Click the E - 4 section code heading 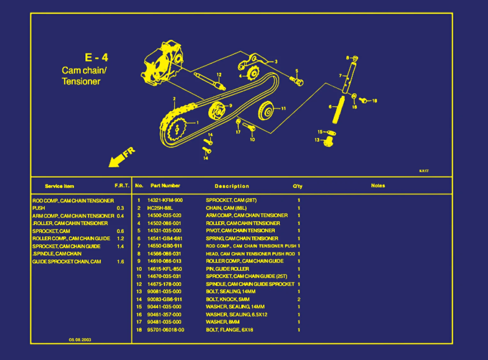pos(96,57)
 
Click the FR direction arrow pos(121,157)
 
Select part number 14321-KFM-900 pos(165,200)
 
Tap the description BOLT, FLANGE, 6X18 pos(229,330)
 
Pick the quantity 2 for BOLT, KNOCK pos(299,299)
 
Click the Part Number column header pos(165,186)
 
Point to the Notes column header pos(378,186)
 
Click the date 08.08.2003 pos(80,340)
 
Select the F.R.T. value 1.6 pos(120,262)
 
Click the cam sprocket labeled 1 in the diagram pos(177,130)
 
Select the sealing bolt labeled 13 pos(328,142)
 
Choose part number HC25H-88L pos(160,208)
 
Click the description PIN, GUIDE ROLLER pos(227,269)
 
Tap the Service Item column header pos(59,186)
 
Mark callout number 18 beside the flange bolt pos(375,101)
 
